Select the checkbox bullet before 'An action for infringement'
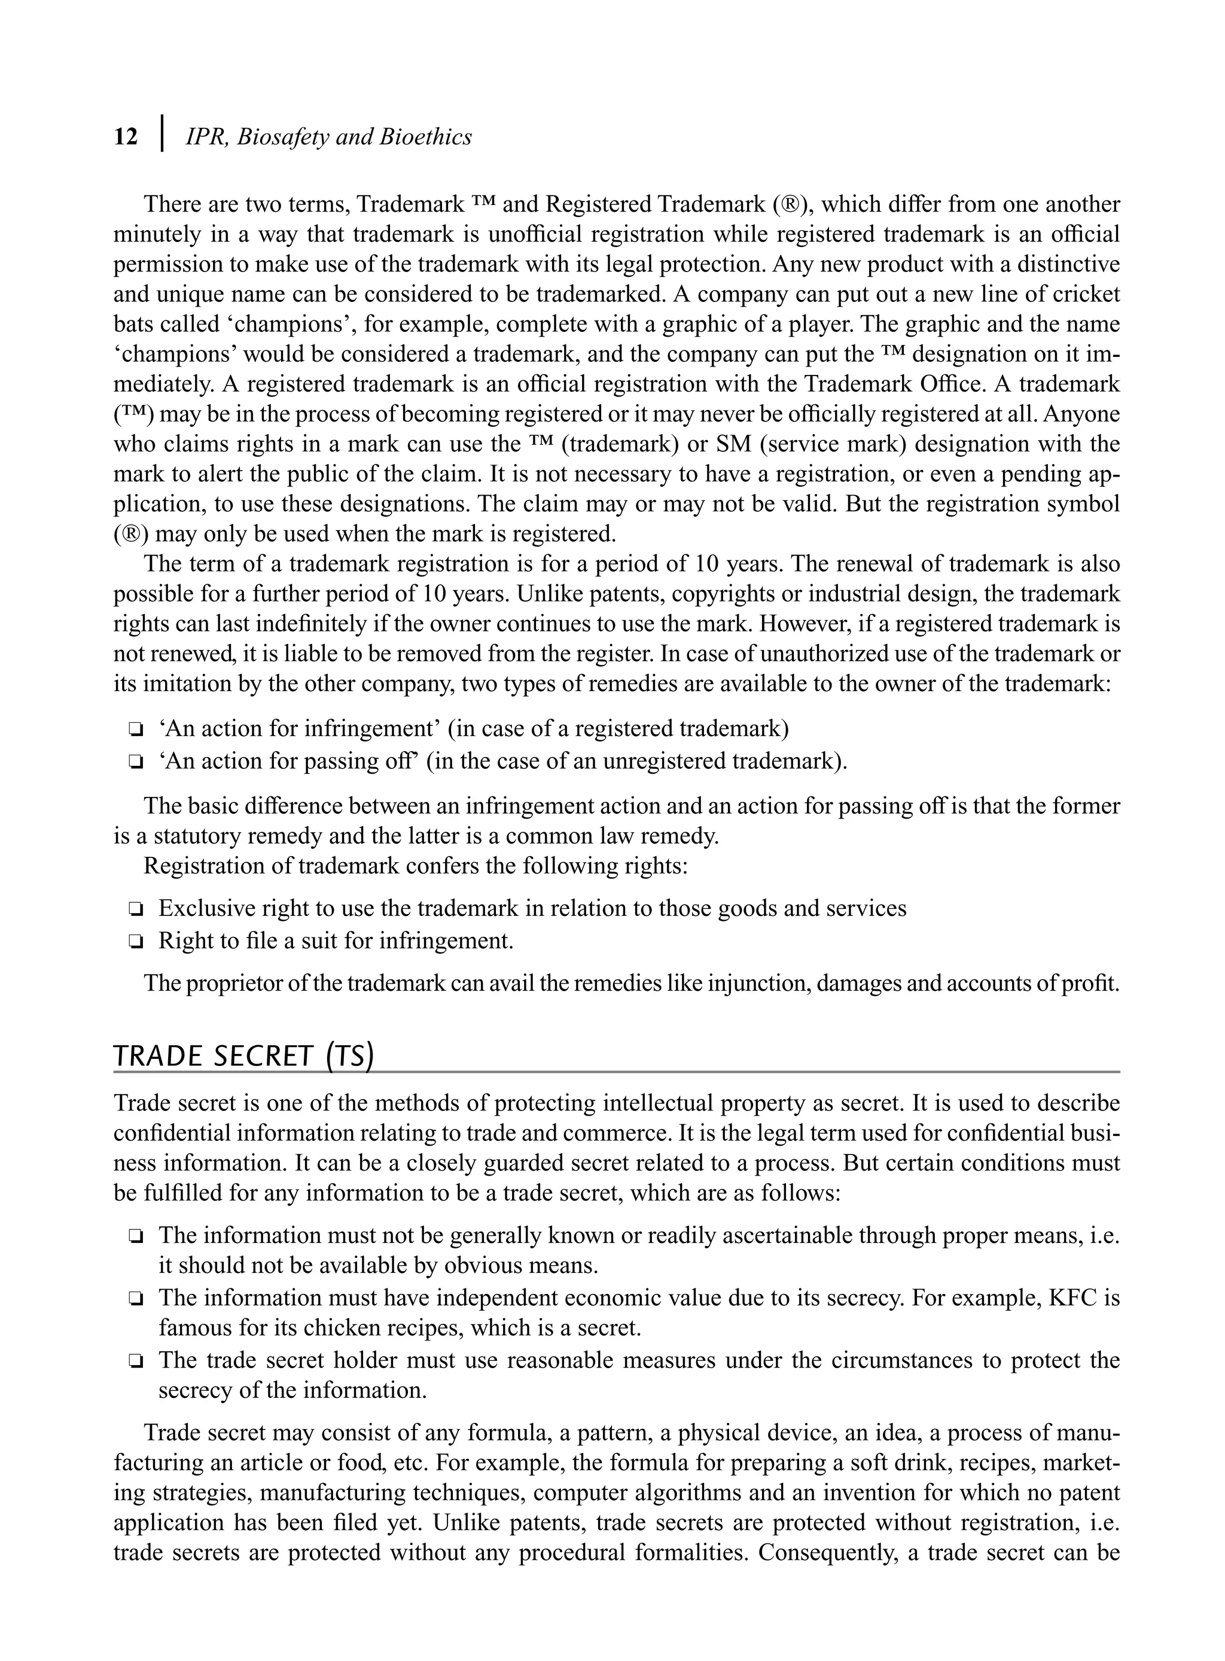(136, 730)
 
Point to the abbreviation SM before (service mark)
(733, 444)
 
